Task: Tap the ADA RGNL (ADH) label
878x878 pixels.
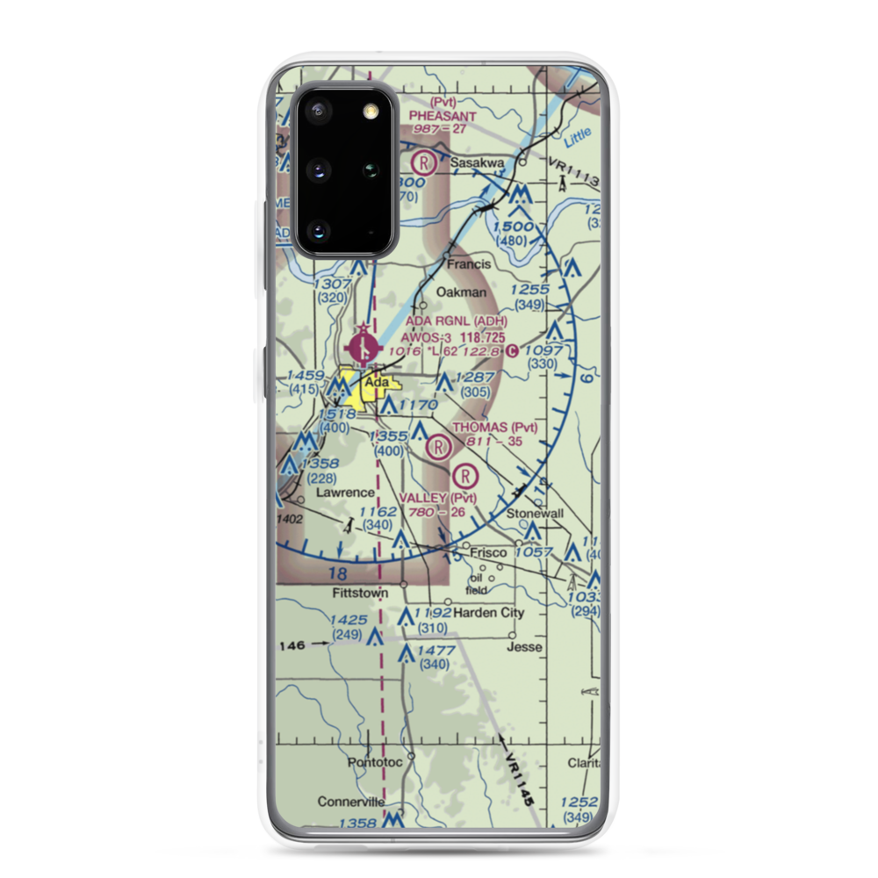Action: [x=456, y=321]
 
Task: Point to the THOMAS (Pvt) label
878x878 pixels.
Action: [x=494, y=428]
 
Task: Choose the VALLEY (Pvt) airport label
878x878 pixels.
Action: [x=437, y=499]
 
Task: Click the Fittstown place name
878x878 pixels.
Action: [x=360, y=593]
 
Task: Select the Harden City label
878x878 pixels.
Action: [x=488, y=612]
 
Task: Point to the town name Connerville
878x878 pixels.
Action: [x=350, y=802]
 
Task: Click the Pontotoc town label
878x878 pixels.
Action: [x=375, y=762]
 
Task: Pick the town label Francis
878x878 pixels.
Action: [x=466, y=263]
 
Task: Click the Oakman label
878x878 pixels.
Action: [x=461, y=292]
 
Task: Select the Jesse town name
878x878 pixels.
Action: [x=524, y=647]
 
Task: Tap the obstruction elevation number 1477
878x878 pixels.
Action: [x=436, y=651]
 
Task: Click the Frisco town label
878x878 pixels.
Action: [x=488, y=552]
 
